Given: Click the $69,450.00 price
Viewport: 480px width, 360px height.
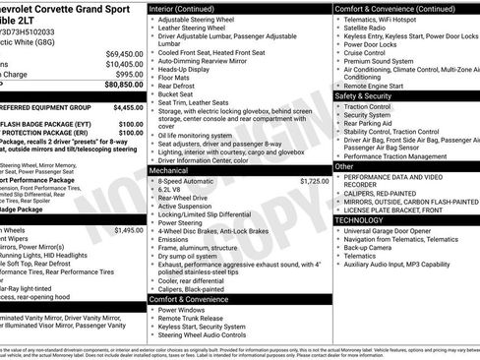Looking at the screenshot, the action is click(x=124, y=52).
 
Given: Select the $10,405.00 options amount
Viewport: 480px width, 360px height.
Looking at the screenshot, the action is click(x=124, y=63).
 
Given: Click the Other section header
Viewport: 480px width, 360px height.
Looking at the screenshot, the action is click(x=344, y=166).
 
